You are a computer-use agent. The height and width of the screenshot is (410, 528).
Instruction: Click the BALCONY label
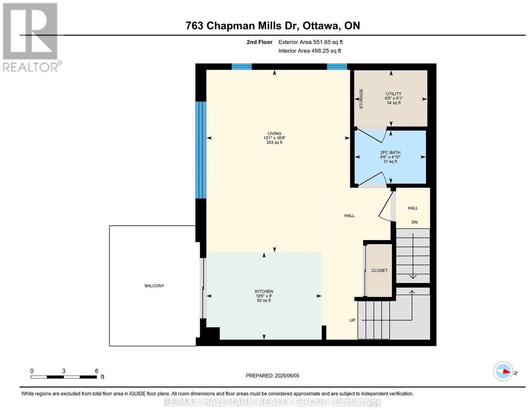click(x=154, y=286)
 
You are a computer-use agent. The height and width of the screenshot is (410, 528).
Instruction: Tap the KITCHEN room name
click(x=264, y=291)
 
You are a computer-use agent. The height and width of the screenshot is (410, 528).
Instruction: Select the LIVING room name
click(x=274, y=134)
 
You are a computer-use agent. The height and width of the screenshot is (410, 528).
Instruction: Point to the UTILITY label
click(x=393, y=94)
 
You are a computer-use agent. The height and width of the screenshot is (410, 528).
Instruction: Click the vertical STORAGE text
click(x=361, y=99)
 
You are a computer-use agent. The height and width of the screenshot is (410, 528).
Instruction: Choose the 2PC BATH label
click(x=390, y=152)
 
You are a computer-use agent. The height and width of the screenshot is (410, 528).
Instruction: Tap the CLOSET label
click(x=379, y=270)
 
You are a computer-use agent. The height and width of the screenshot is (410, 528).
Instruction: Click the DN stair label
click(x=414, y=222)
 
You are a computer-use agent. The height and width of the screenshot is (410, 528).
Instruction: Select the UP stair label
click(x=352, y=320)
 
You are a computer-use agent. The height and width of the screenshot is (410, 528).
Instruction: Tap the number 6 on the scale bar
click(x=96, y=371)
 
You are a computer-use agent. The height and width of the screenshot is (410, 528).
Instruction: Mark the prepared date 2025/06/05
click(x=287, y=376)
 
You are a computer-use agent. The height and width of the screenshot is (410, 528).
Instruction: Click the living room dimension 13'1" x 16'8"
click(x=274, y=138)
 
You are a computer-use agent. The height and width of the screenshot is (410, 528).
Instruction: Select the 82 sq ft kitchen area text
click(x=264, y=300)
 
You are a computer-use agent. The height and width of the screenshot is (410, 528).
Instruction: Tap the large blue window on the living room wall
click(x=201, y=150)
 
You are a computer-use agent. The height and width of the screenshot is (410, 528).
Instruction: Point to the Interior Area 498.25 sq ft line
click(x=310, y=51)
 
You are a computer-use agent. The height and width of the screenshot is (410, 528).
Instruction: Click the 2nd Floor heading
click(x=259, y=42)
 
